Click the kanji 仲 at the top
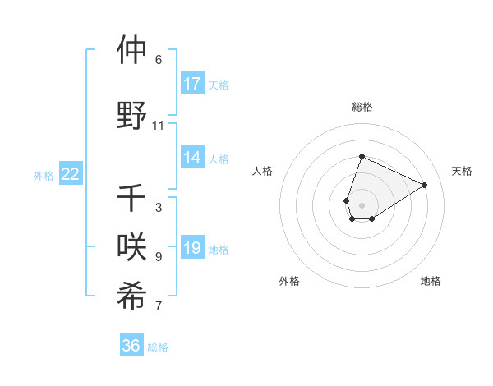pyautogui.click(x=131, y=50)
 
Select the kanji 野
pyautogui.click(x=131, y=115)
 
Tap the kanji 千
pyautogui.click(x=131, y=198)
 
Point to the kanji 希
pyautogui.click(x=131, y=296)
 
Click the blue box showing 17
pyautogui.click(x=192, y=84)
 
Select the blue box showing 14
pyautogui.click(x=192, y=159)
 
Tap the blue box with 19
pyautogui.click(x=192, y=248)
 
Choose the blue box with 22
pyautogui.click(x=71, y=174)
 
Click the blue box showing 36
pyautogui.click(x=131, y=346)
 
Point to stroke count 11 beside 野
pyautogui.click(x=158, y=126)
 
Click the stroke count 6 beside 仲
pyautogui.click(x=158, y=60)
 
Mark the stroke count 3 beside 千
pyautogui.click(x=158, y=208)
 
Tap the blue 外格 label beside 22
pyautogui.click(x=44, y=175)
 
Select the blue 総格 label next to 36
pyautogui.click(x=158, y=347)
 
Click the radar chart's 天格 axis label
pyautogui.click(x=463, y=171)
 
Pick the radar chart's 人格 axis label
pyautogui.click(x=262, y=171)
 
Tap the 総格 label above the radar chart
pyautogui.click(x=362, y=107)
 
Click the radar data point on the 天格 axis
pyautogui.click(x=425, y=185)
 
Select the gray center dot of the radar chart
pyautogui.click(x=362, y=204)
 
